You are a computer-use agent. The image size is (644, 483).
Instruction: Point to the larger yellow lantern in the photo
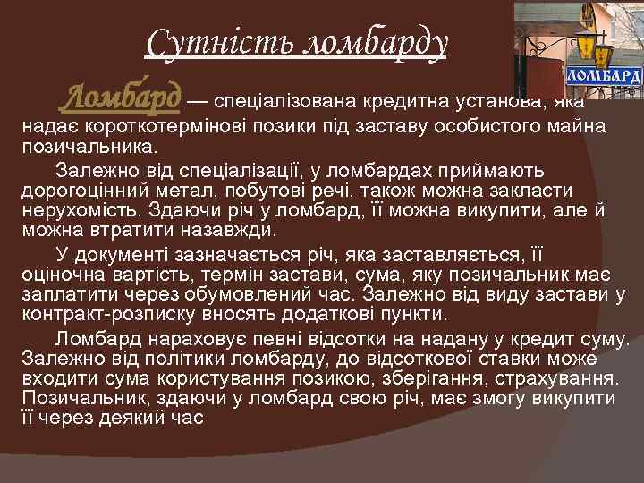(586, 43)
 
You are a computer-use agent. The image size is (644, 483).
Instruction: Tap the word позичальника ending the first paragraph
(89, 145)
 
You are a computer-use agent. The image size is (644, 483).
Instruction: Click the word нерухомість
(84, 210)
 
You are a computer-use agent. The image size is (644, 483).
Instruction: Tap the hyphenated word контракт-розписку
(114, 315)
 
